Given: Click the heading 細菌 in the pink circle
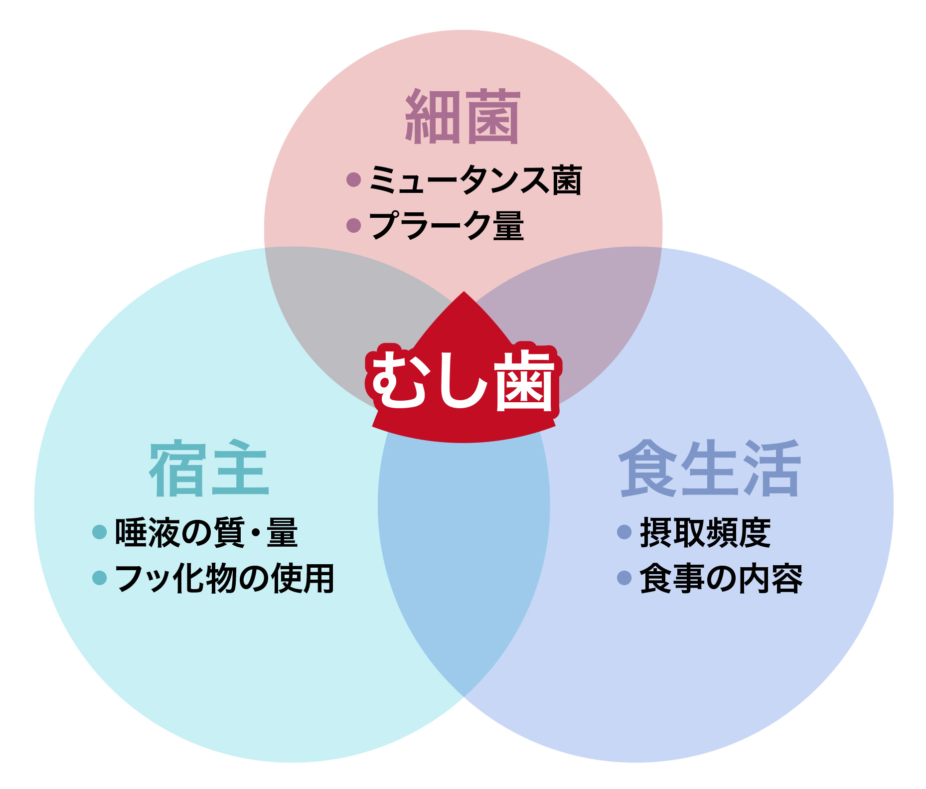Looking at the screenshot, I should pyautogui.click(x=463, y=117).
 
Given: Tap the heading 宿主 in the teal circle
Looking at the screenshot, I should pyautogui.click(x=209, y=469).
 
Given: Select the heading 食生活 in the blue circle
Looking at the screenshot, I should pyautogui.click(x=710, y=469).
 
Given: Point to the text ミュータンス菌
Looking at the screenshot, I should pyautogui.click(x=475, y=180).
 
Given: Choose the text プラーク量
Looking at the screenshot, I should pyautogui.click(x=446, y=225).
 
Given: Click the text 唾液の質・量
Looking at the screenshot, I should pyautogui.click(x=206, y=532).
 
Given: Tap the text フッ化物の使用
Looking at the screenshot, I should pyautogui.click(x=224, y=578).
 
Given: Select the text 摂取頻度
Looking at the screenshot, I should pyautogui.click(x=705, y=532).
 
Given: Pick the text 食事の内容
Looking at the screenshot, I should pyautogui.click(x=721, y=578).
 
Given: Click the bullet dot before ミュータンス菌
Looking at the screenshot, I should pyautogui.click(x=353, y=179).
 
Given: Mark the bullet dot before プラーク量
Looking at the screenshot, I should pyautogui.click(x=353, y=225).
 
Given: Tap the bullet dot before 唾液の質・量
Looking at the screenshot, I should pyautogui.click(x=100, y=532).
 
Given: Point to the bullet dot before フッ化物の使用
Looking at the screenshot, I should pyautogui.click(x=100, y=578).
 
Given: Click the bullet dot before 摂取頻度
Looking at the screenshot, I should pyautogui.click(x=624, y=532).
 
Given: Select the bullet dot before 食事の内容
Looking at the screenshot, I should pyautogui.click(x=624, y=578).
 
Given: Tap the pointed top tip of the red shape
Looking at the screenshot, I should pyautogui.click(x=464, y=293).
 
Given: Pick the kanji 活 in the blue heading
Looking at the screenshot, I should pyautogui.click(x=772, y=469).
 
